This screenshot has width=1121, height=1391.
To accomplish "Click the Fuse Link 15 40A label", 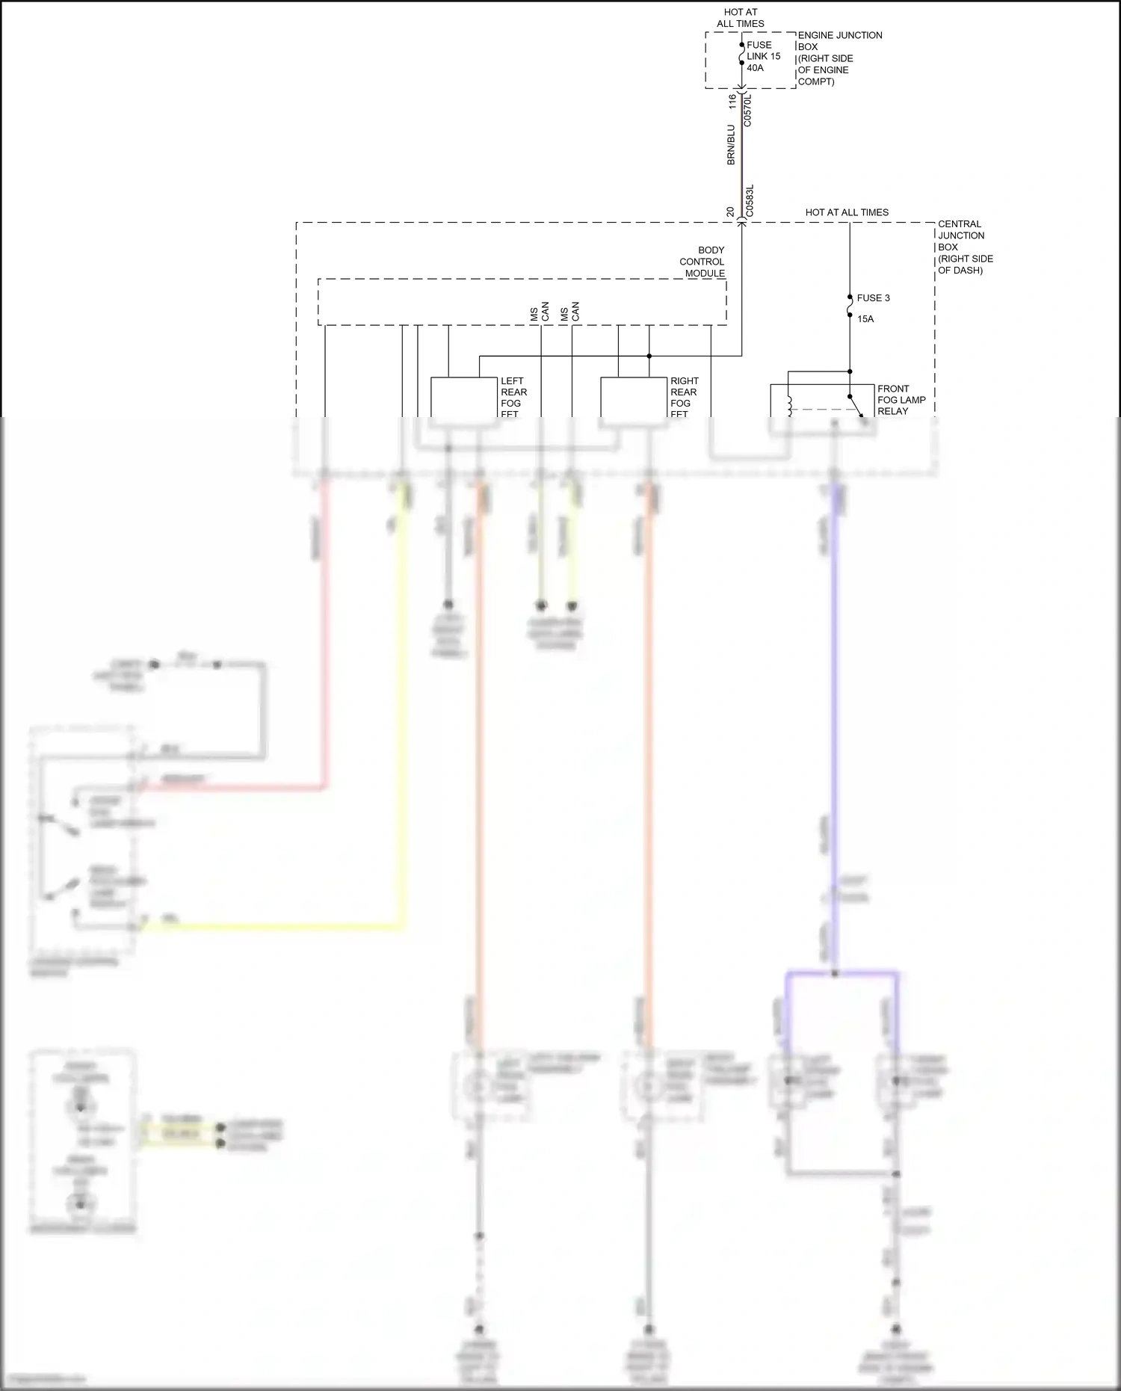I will coord(762,56).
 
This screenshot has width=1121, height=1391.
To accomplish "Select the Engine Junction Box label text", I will coord(839,58).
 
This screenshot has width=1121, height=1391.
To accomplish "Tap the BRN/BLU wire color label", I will coord(731,145).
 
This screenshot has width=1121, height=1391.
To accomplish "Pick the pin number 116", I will coord(732,101).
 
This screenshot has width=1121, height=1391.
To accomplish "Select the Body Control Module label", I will coord(702,262).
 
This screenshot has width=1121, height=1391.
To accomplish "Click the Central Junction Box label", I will coord(965,247).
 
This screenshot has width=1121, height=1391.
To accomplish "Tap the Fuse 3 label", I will coord(873,297).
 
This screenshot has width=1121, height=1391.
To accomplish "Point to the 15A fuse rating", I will coord(865,319).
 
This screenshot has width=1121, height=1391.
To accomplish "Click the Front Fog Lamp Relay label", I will coord(901,400).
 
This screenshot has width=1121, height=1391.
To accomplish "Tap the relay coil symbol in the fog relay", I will coord(789,406).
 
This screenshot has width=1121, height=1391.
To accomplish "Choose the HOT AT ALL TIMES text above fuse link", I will coord(741,18).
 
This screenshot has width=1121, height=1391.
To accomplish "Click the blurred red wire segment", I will coord(325,635).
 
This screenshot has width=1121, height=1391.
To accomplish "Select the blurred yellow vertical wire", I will coord(404,710).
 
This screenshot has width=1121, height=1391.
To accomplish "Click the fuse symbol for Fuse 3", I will coord(850,305).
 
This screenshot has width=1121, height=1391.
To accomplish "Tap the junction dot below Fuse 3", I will coord(850,371).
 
